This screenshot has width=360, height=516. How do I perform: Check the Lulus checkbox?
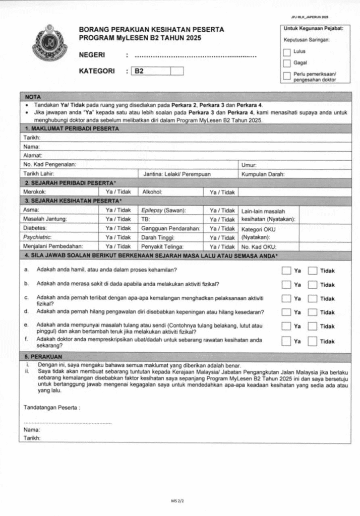(287, 52)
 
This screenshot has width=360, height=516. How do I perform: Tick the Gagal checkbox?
(287, 63)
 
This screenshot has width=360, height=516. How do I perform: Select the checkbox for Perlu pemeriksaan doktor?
(287, 77)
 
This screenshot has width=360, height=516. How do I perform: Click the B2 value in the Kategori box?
(139, 72)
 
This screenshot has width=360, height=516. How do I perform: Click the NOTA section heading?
(33, 96)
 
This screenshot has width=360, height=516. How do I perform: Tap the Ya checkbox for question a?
(286, 271)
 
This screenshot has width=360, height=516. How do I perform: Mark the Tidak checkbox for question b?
(313, 285)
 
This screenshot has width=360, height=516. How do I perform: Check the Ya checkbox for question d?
(286, 312)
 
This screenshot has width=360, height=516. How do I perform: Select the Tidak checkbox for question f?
(313, 341)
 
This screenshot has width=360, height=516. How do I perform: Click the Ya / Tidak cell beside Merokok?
(118, 192)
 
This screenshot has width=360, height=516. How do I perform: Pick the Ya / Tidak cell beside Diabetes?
(118, 228)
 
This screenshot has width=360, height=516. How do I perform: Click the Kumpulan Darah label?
(263, 174)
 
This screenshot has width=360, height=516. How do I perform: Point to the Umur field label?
(249, 165)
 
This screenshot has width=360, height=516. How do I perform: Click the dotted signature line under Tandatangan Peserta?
(68, 422)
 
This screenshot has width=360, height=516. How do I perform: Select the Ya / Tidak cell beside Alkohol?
(222, 192)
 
